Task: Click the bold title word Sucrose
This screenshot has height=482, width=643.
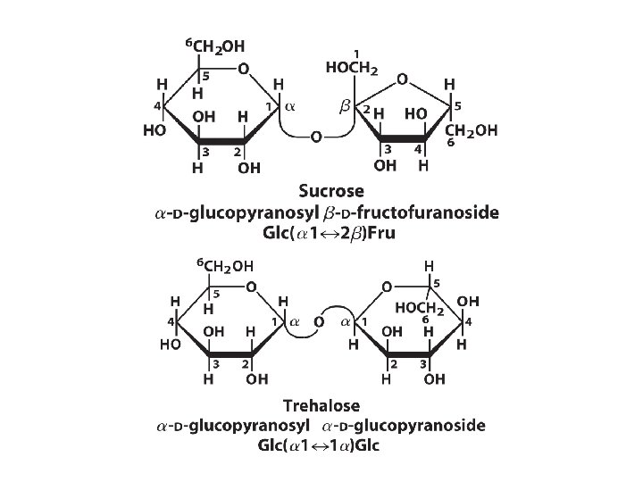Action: (332, 191)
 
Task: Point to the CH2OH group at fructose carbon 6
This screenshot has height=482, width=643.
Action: (471, 131)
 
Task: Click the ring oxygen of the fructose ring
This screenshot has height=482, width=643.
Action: (403, 79)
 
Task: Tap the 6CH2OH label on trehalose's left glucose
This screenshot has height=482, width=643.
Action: (224, 264)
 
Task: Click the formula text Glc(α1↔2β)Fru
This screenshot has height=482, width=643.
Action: (329, 234)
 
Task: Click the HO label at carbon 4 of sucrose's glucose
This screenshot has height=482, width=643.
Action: (154, 129)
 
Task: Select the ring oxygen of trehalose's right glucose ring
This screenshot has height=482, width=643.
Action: (387, 287)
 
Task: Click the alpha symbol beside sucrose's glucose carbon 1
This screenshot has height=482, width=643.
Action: (288, 106)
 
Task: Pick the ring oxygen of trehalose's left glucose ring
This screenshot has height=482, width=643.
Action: (252, 287)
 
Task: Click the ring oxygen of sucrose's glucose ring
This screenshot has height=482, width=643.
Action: (242, 70)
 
